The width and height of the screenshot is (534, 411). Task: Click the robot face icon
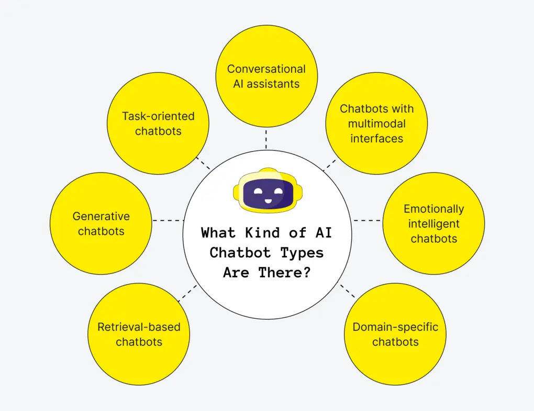pos(267,192)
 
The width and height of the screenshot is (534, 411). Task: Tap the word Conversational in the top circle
pos(266,69)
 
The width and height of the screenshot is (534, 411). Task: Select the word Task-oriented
pos(158,116)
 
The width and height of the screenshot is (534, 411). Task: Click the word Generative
pos(101,216)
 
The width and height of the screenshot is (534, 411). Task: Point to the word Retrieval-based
pos(139,327)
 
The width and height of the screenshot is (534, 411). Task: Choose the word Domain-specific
pos(395,327)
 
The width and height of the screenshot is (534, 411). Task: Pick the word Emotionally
pos(433,209)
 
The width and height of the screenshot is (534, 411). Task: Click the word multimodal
pos(376,124)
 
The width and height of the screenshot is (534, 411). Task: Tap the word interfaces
pos(376,139)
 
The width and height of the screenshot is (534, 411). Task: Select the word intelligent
pos(433,224)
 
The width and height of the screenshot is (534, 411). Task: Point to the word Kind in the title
pos(252,232)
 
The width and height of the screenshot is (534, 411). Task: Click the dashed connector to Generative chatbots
pos(167,220)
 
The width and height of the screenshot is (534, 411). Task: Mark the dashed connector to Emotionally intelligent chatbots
pos(367,220)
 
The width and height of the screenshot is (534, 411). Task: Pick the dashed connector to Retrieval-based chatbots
pos(187,293)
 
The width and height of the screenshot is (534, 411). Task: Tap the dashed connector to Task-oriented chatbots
pos(203,163)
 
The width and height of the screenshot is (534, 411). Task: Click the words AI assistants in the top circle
pos(266,84)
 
